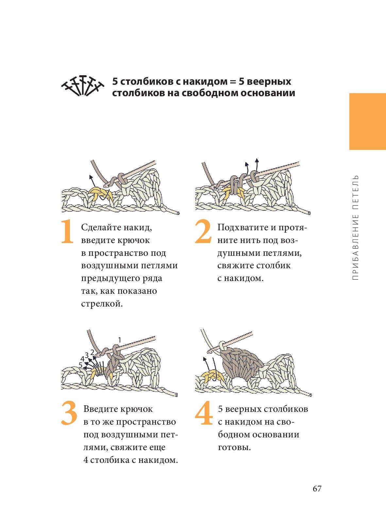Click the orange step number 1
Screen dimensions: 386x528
(x=67, y=231)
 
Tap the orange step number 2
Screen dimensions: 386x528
(x=203, y=231)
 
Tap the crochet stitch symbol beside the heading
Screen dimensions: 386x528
(x=83, y=86)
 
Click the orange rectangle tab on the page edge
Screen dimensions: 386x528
(x=367, y=121)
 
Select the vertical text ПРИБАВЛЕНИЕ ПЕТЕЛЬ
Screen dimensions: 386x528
(x=355, y=227)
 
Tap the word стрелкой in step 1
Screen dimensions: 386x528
(x=102, y=304)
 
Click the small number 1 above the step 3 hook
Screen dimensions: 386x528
(x=119, y=340)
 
